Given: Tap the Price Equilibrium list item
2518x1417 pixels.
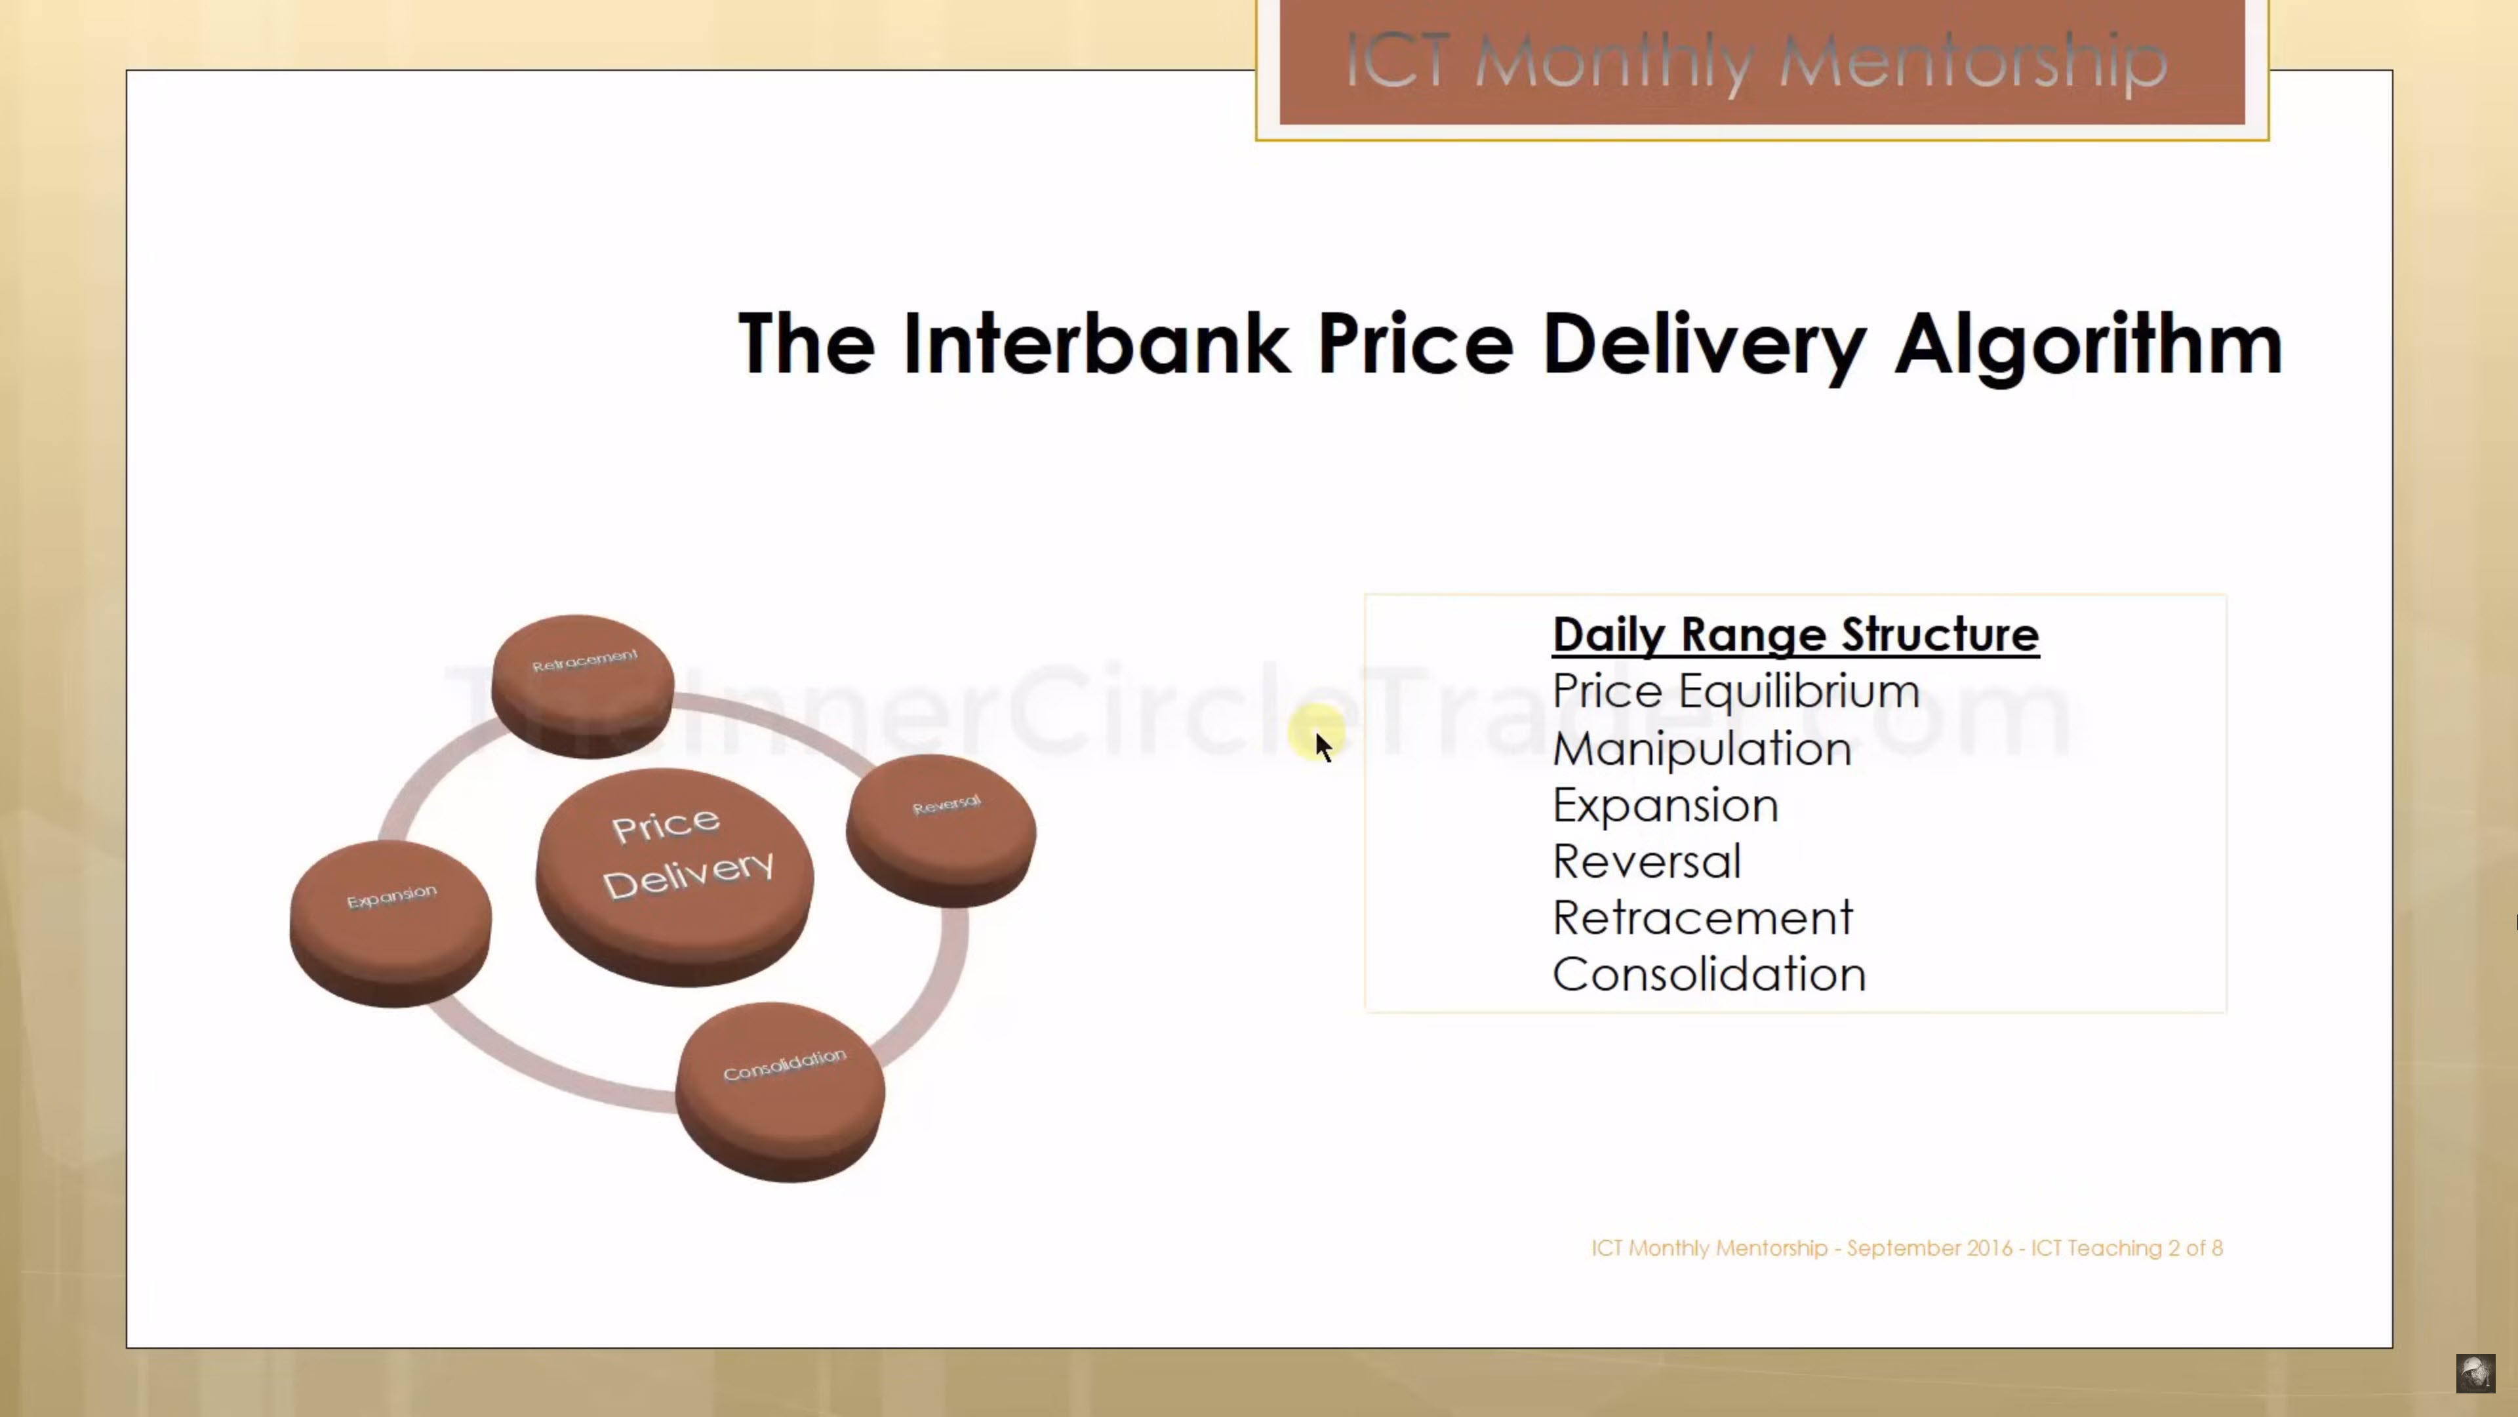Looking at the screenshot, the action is (x=1736, y=691).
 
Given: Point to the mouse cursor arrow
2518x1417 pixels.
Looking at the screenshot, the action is (x=1323, y=746).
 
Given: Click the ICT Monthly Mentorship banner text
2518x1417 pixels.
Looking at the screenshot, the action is (x=1757, y=62).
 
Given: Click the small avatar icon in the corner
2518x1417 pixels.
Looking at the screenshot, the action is (x=2475, y=1373).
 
